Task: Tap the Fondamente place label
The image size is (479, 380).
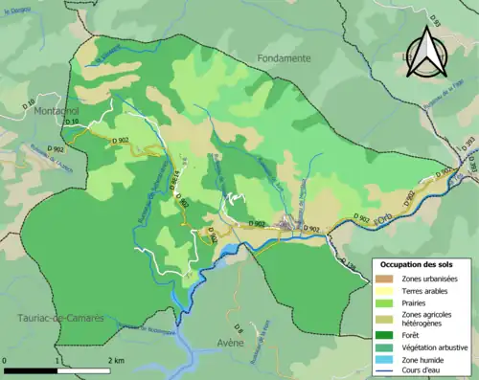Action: (284, 58)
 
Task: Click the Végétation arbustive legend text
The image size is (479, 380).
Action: (432, 347)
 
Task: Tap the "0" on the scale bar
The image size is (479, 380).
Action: (5, 360)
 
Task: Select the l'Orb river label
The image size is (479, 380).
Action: (384, 218)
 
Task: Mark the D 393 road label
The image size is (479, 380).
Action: (468, 144)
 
